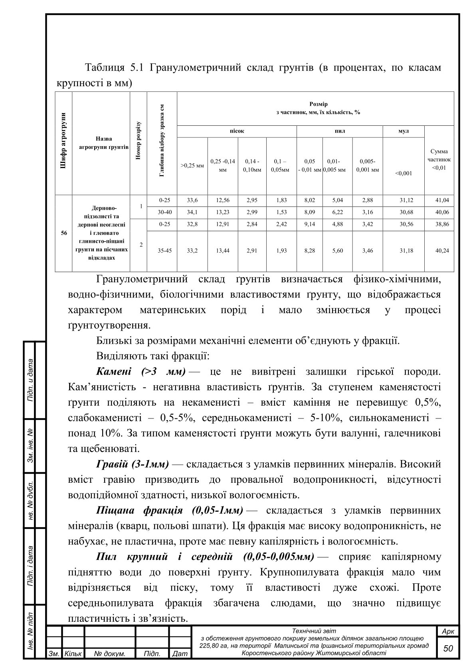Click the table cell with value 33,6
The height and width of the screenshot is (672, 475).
(192, 200)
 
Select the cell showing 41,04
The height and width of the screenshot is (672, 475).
(442, 200)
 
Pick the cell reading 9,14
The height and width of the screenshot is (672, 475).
(309, 224)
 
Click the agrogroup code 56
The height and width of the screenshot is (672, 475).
(64, 233)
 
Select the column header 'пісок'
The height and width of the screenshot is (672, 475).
(237, 131)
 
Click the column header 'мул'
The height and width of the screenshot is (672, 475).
(404, 131)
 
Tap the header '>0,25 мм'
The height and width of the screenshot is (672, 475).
(192, 165)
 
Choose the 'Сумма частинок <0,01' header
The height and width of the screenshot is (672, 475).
(439, 159)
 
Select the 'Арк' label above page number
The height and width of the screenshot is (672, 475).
(448, 631)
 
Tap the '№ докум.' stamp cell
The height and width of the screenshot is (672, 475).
(110, 654)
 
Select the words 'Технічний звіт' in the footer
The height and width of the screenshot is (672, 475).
(314, 631)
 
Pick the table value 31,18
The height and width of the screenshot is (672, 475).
(406, 251)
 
